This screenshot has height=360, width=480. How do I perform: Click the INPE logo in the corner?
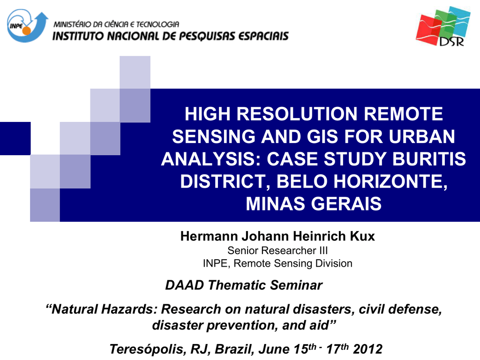27,26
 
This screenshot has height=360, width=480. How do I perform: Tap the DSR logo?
443,26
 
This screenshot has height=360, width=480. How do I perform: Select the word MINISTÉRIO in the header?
72,24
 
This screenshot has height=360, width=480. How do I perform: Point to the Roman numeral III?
323,250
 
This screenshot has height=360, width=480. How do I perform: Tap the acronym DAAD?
185,285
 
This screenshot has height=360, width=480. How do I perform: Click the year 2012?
367,349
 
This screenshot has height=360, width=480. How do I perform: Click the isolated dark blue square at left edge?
15,138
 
